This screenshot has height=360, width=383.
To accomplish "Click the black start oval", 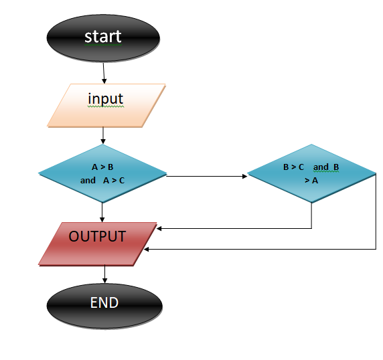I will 103,36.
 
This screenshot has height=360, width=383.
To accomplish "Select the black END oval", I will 104,304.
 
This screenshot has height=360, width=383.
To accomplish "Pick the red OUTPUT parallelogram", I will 98,244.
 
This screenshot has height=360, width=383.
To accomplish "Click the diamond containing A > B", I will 102,173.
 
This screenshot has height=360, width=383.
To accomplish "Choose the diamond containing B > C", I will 311,173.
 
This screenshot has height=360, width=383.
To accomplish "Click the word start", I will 103,35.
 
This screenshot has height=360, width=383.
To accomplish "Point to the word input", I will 106,99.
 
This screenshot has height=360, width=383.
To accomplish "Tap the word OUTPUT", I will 97,236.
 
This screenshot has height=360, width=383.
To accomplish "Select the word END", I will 104,303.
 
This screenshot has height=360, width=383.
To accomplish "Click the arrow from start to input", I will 104,72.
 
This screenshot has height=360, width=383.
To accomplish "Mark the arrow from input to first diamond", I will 102,136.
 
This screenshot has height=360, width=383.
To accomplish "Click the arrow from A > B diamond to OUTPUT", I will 102,212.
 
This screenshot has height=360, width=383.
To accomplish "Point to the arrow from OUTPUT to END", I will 104,274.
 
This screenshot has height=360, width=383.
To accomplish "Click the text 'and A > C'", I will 102,181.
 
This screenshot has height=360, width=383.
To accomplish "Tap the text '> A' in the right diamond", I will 311,180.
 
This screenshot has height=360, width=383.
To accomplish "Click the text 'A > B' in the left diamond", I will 103,167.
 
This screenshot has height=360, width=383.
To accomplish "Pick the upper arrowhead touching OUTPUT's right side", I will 159,228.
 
